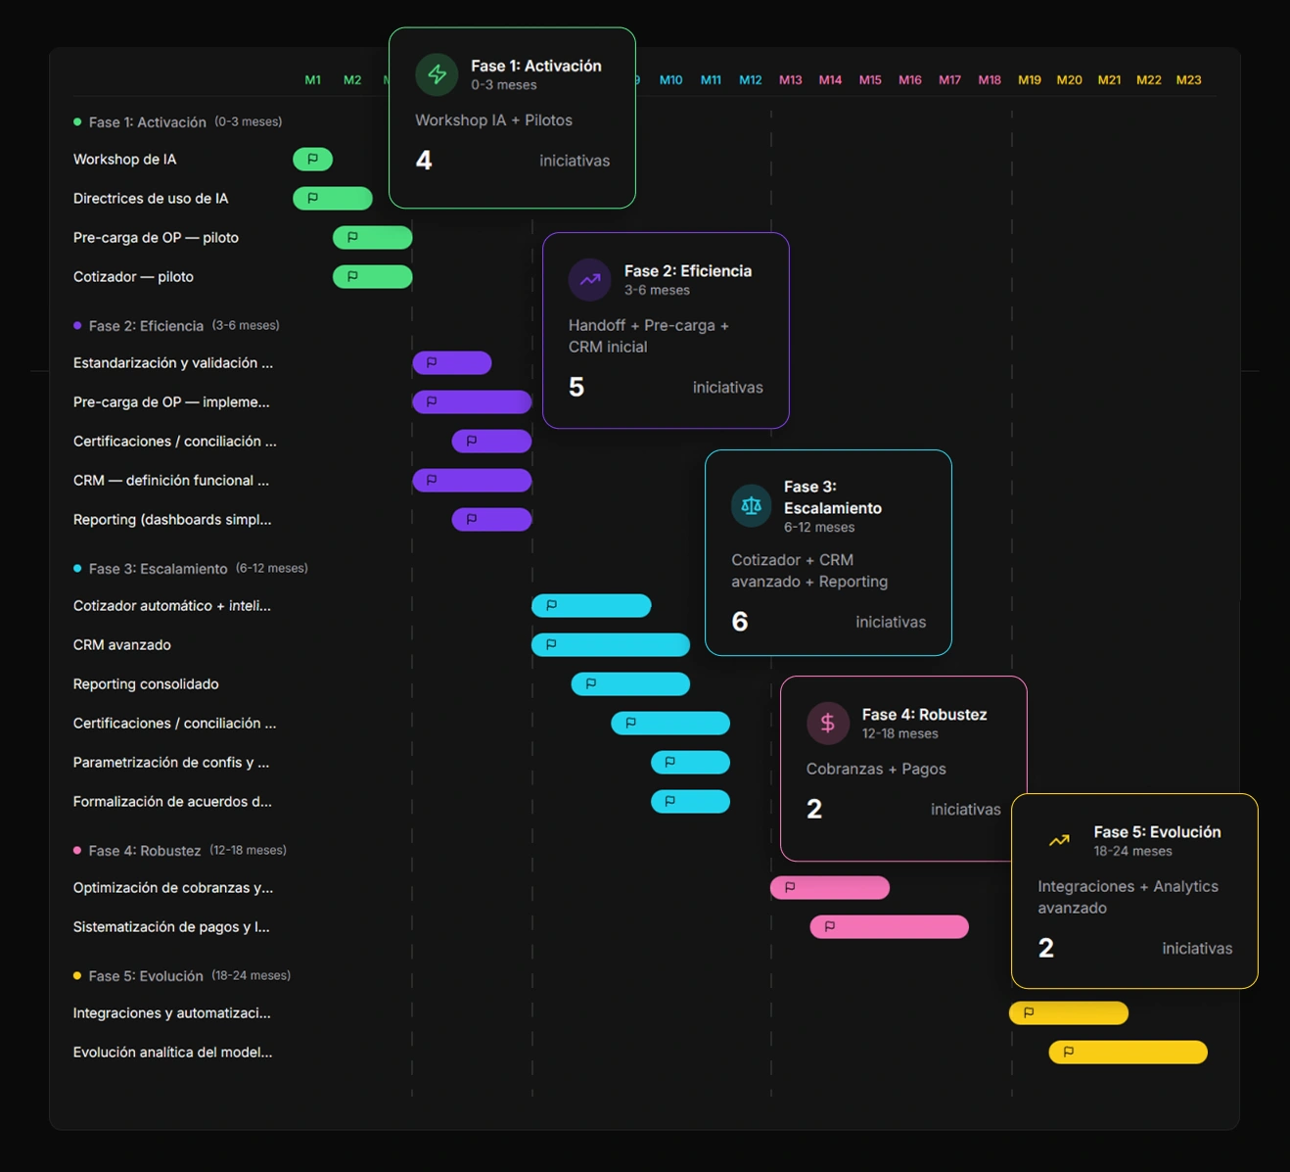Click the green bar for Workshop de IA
click(312, 159)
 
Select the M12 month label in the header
click(750, 80)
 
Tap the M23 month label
click(1188, 80)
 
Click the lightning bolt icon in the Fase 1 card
click(437, 74)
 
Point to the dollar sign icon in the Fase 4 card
click(828, 723)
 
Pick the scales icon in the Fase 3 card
click(751, 506)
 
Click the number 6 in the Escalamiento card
click(740, 621)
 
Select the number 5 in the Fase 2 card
click(576, 387)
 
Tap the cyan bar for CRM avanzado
click(611, 644)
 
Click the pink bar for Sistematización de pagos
click(889, 926)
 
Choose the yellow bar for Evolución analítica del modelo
click(1128, 1052)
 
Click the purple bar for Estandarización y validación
click(452, 362)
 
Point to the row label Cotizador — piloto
click(133, 277)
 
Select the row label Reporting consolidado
click(146, 683)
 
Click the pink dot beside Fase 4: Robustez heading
click(77, 850)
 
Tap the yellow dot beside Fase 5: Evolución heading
click(77, 976)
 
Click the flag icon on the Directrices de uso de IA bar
click(312, 198)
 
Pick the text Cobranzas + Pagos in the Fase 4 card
click(876, 769)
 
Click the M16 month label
click(909, 80)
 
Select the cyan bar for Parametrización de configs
click(690, 762)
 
